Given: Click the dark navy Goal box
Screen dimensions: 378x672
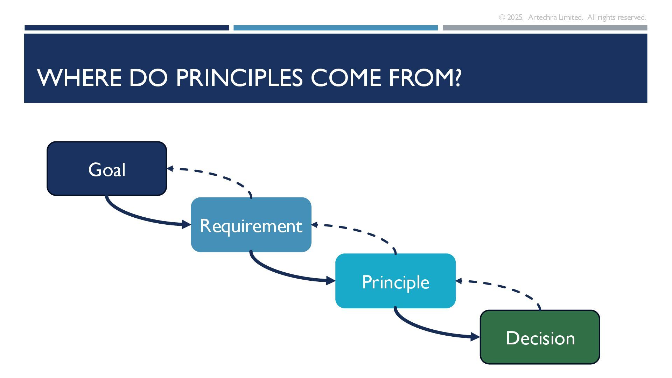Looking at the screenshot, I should tap(107, 168).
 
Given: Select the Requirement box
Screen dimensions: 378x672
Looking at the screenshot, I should tap(251, 225).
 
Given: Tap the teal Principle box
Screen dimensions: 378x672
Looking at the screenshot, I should tap(395, 281).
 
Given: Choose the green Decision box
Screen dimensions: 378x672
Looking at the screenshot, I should tap(540, 337).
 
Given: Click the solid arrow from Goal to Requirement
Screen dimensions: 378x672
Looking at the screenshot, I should tap(140, 217).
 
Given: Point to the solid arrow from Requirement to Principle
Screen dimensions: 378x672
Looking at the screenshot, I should tap(285, 273).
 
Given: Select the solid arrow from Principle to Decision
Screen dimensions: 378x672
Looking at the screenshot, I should tap(430, 330).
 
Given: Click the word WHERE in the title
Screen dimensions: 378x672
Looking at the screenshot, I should tap(79, 78).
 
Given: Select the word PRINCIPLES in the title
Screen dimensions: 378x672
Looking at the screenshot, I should tap(239, 78).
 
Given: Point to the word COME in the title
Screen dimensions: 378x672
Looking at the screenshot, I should tap(346, 78).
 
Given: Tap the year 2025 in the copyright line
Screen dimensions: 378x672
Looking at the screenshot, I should tap(515, 17).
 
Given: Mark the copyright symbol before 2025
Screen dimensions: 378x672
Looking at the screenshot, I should tap(502, 17).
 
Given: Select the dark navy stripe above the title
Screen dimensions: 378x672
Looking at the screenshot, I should tap(127, 28).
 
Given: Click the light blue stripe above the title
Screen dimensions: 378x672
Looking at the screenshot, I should tap(336, 28).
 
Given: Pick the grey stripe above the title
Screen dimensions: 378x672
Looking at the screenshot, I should tap(545, 28).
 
